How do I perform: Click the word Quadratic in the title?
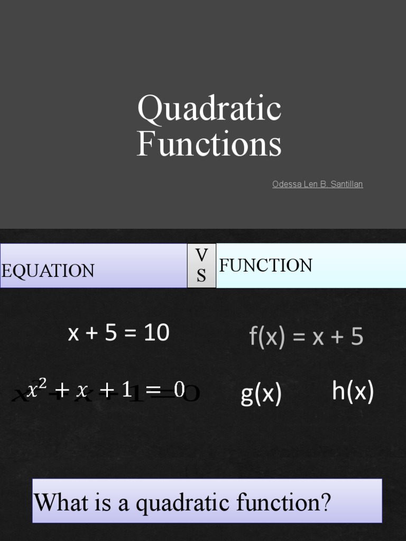[x=209, y=109]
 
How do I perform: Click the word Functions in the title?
[x=209, y=144]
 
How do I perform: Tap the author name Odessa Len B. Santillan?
[x=317, y=184]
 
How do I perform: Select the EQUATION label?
[x=48, y=270]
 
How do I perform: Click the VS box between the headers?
[x=201, y=266]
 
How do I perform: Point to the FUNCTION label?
[x=265, y=265]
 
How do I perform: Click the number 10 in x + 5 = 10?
[x=156, y=333]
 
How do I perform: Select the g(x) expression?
[x=261, y=394]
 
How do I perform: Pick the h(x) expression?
[x=353, y=392]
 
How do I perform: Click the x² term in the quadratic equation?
[x=37, y=390]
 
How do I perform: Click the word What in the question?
[x=61, y=502]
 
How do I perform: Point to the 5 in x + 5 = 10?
[x=110, y=333]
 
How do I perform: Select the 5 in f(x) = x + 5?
[x=357, y=337]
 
